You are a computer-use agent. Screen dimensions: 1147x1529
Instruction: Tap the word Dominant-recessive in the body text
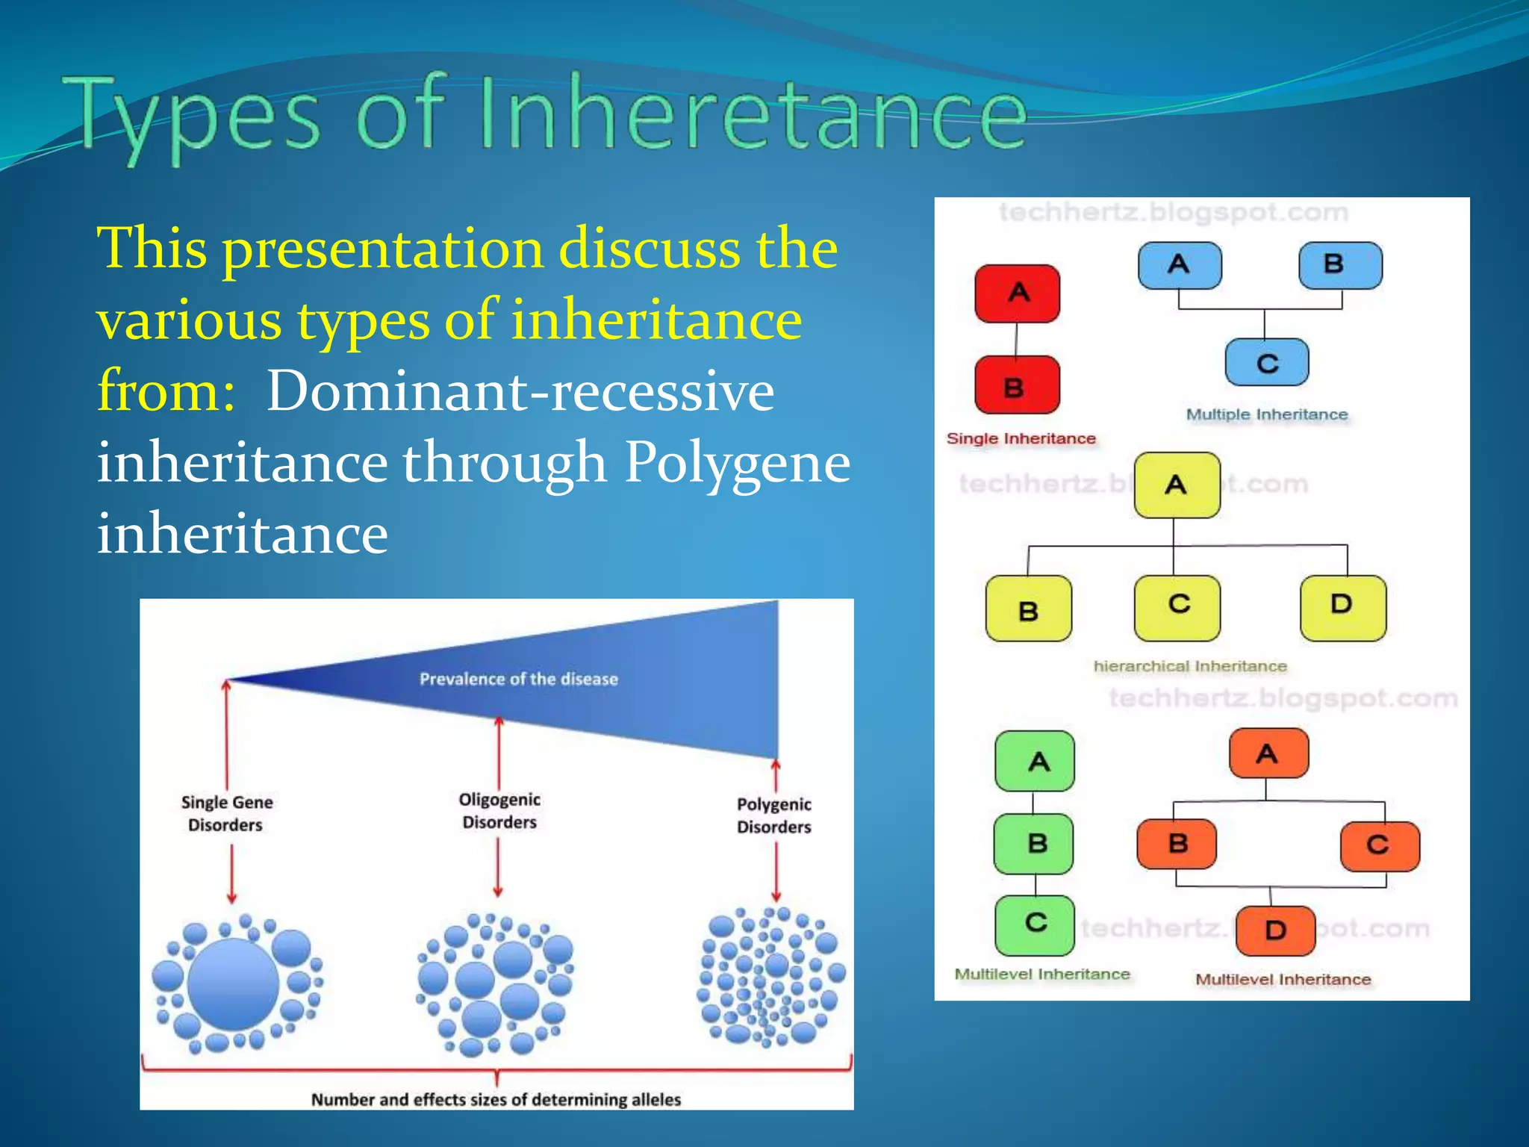pos(520,391)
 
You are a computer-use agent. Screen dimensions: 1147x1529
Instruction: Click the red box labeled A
pos(1018,293)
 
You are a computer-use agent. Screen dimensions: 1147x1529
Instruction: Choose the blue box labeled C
pos(1267,363)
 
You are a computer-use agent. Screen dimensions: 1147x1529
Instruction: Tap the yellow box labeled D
pos(1342,607)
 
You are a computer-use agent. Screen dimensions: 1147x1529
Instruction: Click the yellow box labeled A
pos(1177,485)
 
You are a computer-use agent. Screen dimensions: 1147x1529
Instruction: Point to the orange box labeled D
pos(1275,930)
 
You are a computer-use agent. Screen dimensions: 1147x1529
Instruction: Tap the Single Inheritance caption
pos(1021,438)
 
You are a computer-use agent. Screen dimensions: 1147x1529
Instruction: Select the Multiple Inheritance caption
pos(1267,414)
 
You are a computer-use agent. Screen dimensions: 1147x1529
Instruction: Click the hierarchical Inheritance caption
pos(1190,666)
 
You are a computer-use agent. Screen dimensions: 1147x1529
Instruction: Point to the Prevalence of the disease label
pos(518,679)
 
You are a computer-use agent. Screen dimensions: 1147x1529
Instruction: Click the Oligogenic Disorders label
pos(499,811)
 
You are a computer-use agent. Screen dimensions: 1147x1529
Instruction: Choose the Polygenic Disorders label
pos(773,815)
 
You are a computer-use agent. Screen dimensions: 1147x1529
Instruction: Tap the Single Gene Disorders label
pos(226,813)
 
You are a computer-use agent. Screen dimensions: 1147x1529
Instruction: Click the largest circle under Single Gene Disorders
pos(233,984)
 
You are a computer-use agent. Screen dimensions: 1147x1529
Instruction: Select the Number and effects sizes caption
pos(496,1099)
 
